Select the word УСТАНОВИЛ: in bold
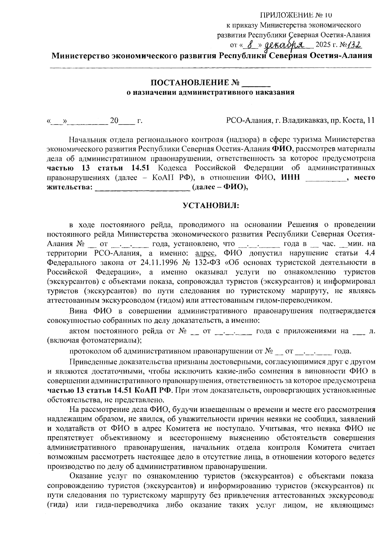coord(210,205)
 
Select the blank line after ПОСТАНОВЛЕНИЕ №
coord(256,85)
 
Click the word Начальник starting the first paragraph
coord(87,140)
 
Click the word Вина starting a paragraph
coord(79,311)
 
